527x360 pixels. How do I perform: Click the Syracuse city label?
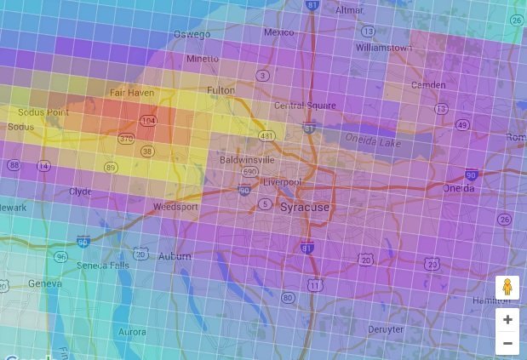click(304, 207)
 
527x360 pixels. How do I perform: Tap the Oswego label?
click(192, 34)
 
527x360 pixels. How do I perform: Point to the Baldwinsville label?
click(247, 159)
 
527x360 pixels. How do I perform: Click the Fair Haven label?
click(131, 92)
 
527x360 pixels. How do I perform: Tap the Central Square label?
click(300, 106)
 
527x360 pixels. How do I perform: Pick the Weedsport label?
click(175, 207)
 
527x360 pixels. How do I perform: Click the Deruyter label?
click(385, 329)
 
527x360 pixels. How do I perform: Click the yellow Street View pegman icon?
click(507, 288)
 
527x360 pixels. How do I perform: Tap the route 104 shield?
click(149, 122)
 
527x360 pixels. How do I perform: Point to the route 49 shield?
click(462, 125)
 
